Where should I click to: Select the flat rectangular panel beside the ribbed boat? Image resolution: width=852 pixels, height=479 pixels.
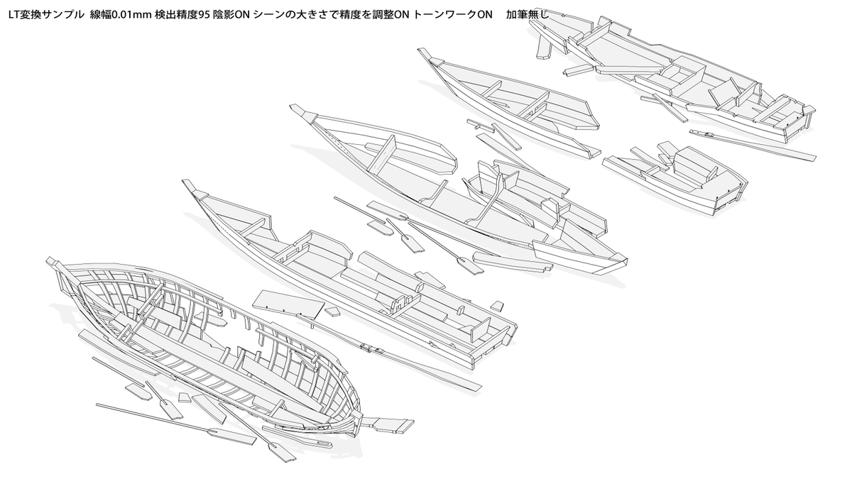click(x=288, y=304)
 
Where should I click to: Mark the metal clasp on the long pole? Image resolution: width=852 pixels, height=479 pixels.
click(x=369, y=348)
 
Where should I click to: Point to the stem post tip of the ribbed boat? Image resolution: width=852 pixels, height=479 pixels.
click(x=51, y=262)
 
